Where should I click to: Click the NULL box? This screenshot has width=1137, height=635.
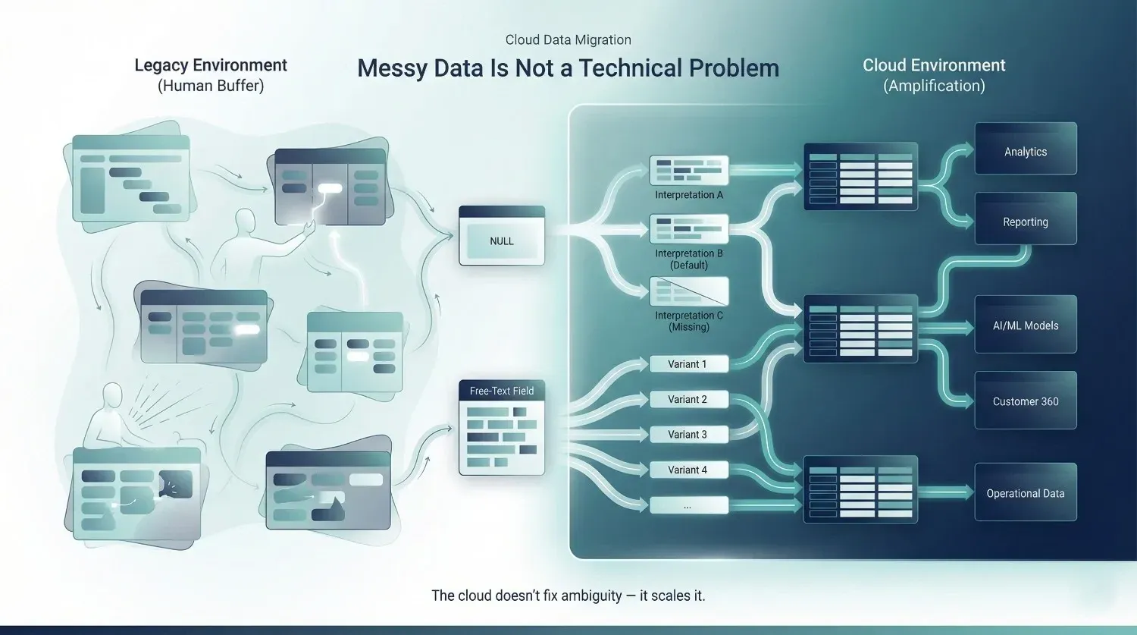[x=502, y=236]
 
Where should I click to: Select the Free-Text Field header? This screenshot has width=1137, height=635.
[x=502, y=391]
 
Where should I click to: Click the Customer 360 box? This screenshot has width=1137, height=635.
[x=1026, y=401]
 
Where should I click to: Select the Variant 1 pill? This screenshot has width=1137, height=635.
[x=689, y=364]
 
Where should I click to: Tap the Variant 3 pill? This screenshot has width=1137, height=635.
[x=689, y=435]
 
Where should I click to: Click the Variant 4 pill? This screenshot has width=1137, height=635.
[x=689, y=470]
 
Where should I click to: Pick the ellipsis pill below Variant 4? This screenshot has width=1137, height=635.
[x=689, y=505]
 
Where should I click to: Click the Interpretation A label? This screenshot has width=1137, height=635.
[x=689, y=195]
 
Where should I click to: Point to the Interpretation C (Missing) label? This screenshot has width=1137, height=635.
[x=689, y=321]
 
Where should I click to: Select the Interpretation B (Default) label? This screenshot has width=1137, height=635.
[x=689, y=259]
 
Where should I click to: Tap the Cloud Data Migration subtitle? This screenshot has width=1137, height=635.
[x=568, y=39]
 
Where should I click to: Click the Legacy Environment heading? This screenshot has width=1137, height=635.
[x=211, y=65]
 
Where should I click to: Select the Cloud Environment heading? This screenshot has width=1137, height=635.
[x=934, y=65]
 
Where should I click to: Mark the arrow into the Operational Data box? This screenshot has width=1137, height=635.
[x=946, y=492]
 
